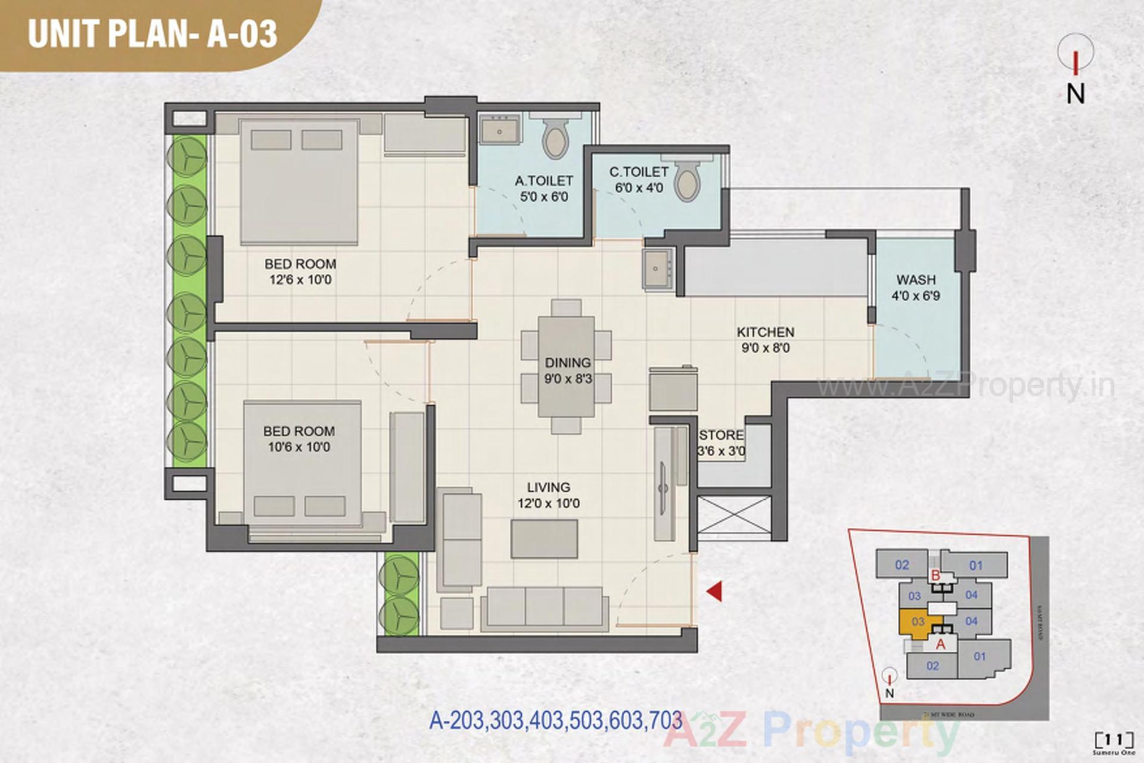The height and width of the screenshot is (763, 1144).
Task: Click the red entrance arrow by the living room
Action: coord(715,591)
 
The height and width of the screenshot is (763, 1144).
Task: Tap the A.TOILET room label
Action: coord(543,181)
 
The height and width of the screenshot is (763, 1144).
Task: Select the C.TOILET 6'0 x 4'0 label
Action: coord(639,179)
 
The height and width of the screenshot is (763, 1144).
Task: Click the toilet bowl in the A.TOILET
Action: coord(555,139)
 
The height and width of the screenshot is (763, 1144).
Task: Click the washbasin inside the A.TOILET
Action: coord(499,130)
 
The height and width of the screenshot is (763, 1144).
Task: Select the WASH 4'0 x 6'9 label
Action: coord(916,287)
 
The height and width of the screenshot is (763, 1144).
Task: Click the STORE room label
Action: coord(721,435)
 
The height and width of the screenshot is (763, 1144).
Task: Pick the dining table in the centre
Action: coord(567,366)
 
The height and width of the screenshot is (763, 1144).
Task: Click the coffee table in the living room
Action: coord(544,538)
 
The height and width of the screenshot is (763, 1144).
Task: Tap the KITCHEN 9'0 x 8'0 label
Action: coord(765,340)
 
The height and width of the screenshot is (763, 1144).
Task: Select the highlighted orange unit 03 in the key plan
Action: coord(917,622)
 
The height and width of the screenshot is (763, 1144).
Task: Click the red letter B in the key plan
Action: coord(935,576)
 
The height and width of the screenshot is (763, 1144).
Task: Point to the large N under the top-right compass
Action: coord(1075,94)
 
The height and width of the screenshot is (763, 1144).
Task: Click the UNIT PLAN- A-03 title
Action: coord(153,33)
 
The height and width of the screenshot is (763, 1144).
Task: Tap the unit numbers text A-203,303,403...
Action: coord(555,720)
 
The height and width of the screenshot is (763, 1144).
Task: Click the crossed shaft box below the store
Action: coord(733,514)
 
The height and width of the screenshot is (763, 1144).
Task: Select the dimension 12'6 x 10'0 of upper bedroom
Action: coord(300,280)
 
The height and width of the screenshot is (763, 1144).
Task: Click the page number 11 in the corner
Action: coord(1109,740)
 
